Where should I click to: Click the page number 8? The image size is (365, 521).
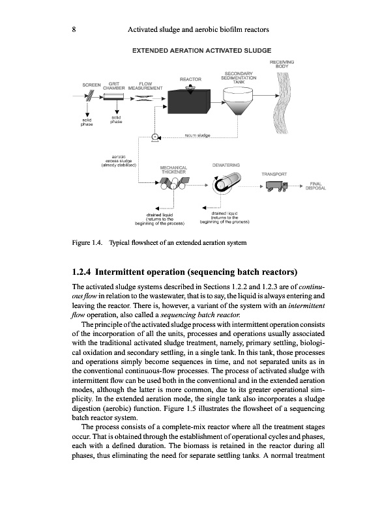click(x=74, y=29)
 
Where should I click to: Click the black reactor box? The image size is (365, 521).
click(x=188, y=102)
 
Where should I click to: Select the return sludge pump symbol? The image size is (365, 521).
click(x=155, y=137)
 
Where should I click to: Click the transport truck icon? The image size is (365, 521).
click(x=276, y=186)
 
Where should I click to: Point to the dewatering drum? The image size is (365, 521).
click(x=227, y=183)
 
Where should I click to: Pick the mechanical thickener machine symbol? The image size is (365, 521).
click(x=174, y=184)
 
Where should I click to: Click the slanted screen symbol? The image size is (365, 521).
click(x=89, y=96)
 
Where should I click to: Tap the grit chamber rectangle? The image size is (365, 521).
click(x=113, y=96)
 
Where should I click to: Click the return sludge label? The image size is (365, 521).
click(x=197, y=135)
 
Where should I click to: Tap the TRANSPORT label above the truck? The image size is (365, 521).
click(x=274, y=174)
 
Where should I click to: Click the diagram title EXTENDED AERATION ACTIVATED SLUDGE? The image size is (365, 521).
click(x=202, y=51)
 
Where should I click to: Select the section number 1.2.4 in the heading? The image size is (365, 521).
click(x=81, y=272)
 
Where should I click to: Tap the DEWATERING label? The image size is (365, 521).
click(x=226, y=165)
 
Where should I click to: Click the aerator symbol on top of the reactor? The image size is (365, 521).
click(x=190, y=89)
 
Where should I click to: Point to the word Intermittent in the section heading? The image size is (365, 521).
click(x=121, y=272)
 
